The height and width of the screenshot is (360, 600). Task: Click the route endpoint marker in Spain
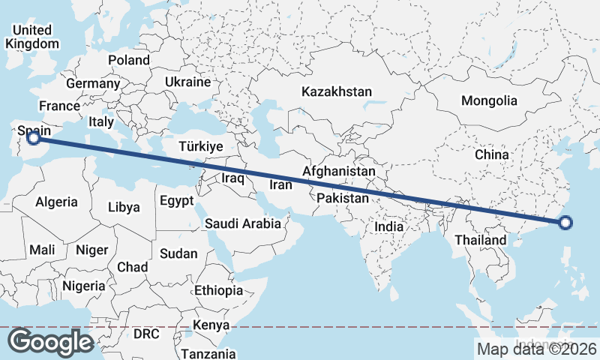(x=33, y=136)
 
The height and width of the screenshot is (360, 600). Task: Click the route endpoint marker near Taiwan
(x=565, y=222)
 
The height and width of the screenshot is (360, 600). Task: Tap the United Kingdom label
(x=31, y=37)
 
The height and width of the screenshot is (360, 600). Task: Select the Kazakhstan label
(x=337, y=91)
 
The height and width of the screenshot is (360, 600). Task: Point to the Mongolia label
(x=489, y=100)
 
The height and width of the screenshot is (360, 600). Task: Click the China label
(x=492, y=154)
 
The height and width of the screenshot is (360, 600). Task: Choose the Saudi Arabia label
(x=243, y=223)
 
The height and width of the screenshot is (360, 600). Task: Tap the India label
(x=389, y=226)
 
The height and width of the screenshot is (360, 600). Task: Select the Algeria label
(x=56, y=202)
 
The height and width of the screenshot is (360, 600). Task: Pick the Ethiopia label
(x=218, y=290)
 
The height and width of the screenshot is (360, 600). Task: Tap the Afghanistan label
(x=338, y=172)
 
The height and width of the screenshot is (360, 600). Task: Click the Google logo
(x=50, y=342)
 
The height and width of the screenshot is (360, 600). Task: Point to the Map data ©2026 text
(x=537, y=349)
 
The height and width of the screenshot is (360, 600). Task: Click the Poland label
(x=128, y=60)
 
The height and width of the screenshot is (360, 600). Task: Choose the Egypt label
(x=177, y=201)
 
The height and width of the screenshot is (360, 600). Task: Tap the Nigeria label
(x=83, y=286)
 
